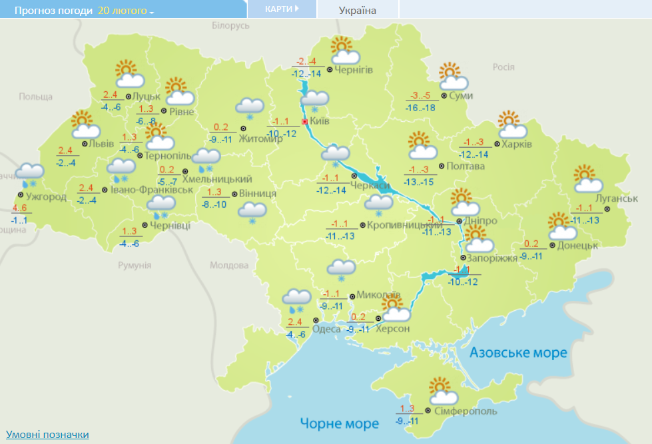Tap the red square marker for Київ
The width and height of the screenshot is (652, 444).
pyautogui.click(x=305, y=122)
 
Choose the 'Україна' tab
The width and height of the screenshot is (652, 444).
pyautogui.click(x=357, y=10)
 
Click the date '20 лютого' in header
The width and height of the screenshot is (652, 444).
pyautogui.click(x=125, y=11)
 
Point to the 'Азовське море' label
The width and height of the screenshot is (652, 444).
pyautogui.click(x=518, y=353)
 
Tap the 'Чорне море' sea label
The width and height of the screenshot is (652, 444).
pyautogui.click(x=339, y=423)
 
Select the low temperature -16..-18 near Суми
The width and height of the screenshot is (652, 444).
pyautogui.click(x=421, y=108)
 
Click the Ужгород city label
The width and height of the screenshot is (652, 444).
pyautogui.click(x=47, y=196)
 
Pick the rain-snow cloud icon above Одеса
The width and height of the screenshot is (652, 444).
pyautogui.click(x=296, y=301)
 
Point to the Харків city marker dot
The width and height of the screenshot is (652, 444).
pyautogui.click(x=497, y=144)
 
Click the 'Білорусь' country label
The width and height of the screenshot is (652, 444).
pyautogui.click(x=230, y=25)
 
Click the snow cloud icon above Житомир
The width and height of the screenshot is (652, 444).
pyautogui.click(x=250, y=108)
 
